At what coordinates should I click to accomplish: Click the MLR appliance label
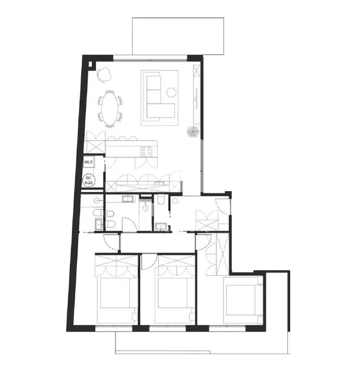pyautogui.click(x=88, y=162)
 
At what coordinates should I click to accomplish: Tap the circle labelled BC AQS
pyautogui.click(x=88, y=180)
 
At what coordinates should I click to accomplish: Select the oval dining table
pyautogui.click(x=110, y=109)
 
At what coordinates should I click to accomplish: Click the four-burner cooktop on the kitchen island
pyautogui.click(x=146, y=152)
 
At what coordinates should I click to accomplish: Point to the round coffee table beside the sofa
pyautogui.click(x=171, y=93)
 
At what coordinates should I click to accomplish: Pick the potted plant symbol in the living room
pyautogui.click(x=193, y=131)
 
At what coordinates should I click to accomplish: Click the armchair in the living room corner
pyautogui.click(x=104, y=75)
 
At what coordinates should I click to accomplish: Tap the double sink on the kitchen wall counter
pyautogui.click(x=160, y=183)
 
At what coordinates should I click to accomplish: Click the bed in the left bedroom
pyautogui.click(x=116, y=300)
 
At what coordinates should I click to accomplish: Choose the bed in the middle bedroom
pyautogui.click(x=174, y=300)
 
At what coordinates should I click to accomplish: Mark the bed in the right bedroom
pyautogui.click(x=243, y=300)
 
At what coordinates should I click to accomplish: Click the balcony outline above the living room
pyautogui.click(x=178, y=36)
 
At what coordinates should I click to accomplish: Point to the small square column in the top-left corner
pyautogui.click(x=90, y=64)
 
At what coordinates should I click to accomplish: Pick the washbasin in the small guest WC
pyautogui.click(x=161, y=226)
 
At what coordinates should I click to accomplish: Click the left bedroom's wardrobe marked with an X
pyautogui.click(x=116, y=261)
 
